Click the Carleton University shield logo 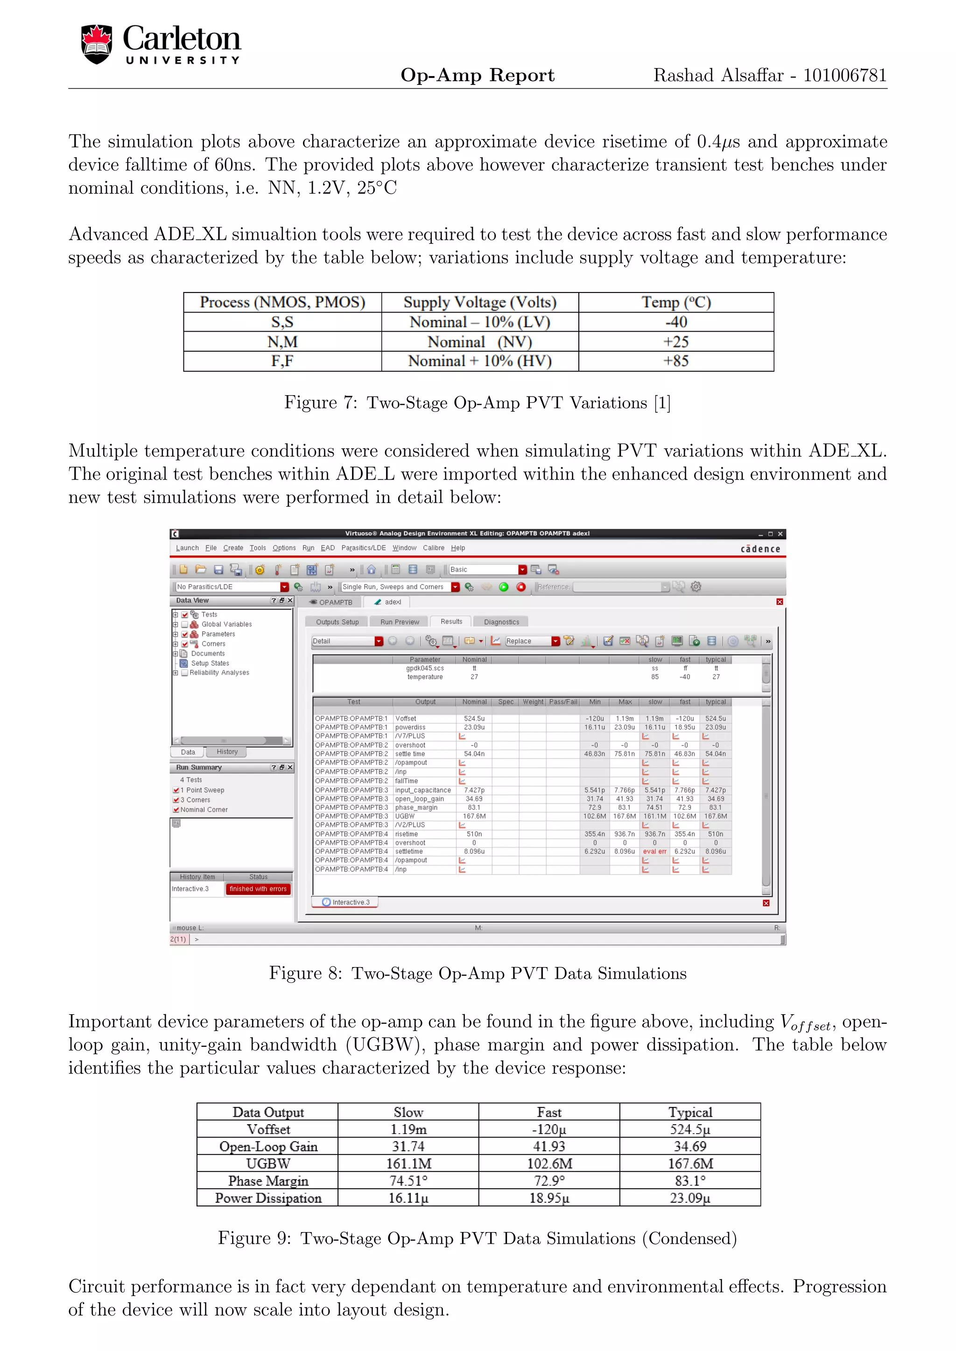click(97, 44)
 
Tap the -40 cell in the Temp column click(676, 322)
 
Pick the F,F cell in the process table click(282, 361)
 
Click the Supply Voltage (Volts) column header click(480, 302)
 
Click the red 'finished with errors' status click(258, 889)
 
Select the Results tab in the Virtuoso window click(451, 621)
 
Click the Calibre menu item click(433, 548)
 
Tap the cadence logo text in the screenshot click(760, 549)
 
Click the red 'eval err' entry click(654, 851)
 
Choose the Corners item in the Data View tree click(213, 644)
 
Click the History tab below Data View click(227, 752)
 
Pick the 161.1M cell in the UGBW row click(408, 1163)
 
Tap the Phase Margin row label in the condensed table click(268, 1181)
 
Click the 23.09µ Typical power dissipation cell click(689, 1198)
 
